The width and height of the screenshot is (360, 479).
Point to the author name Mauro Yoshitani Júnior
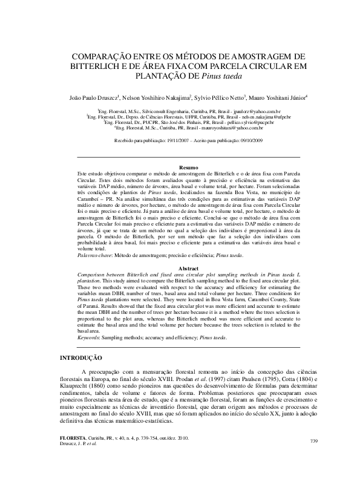[x=278, y=97]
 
